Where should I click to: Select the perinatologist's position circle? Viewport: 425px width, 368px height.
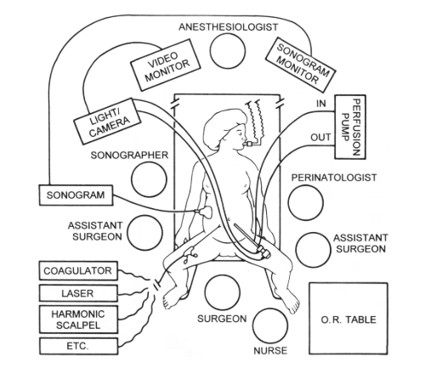306,204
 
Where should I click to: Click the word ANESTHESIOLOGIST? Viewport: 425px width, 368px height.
229,27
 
